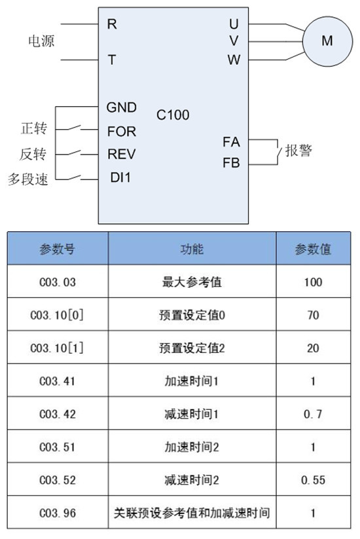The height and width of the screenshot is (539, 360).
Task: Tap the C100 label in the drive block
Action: pos(173,115)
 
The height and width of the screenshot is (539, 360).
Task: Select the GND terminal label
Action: pos(122,107)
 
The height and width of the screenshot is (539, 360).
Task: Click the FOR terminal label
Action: pos(122,132)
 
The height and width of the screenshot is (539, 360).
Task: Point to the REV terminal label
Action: pos(122,154)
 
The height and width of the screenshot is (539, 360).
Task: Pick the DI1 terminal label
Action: pos(120,177)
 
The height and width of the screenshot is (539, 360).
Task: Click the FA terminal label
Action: pos(231,141)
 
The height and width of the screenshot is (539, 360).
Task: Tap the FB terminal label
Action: pos(231,162)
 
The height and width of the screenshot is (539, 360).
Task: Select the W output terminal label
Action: pos(234,60)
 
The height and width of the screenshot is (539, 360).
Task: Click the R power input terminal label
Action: pos(112,24)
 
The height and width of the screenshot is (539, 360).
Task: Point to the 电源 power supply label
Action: pos(41,41)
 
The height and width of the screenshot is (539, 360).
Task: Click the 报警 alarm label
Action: pos(298,151)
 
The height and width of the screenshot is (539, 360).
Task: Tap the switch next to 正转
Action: pos(74,128)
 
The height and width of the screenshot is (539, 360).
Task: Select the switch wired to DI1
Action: pos(74,177)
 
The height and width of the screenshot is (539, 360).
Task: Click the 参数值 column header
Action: pos(313,249)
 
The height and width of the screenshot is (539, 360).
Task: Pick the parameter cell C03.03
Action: pos(58,282)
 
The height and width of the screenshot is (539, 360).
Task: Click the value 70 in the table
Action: pos(313,315)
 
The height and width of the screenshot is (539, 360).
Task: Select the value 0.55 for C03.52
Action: pos(313,480)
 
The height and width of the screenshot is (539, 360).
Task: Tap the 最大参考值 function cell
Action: pos(192,282)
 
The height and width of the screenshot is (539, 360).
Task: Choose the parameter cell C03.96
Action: pos(58,513)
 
